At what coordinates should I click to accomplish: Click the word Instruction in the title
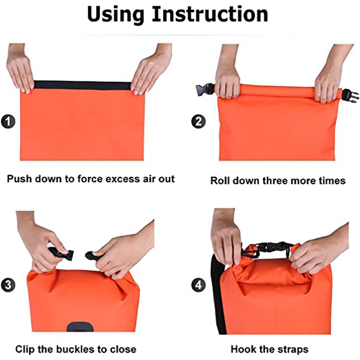pyautogui.click(x=210, y=14)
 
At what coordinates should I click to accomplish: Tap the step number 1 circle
pyautogui.click(x=9, y=122)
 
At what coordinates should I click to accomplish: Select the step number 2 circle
pyautogui.click(x=198, y=122)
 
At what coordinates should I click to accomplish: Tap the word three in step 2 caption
pyautogui.click(x=275, y=181)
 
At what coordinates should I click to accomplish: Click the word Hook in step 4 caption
pyautogui.click(x=242, y=349)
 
